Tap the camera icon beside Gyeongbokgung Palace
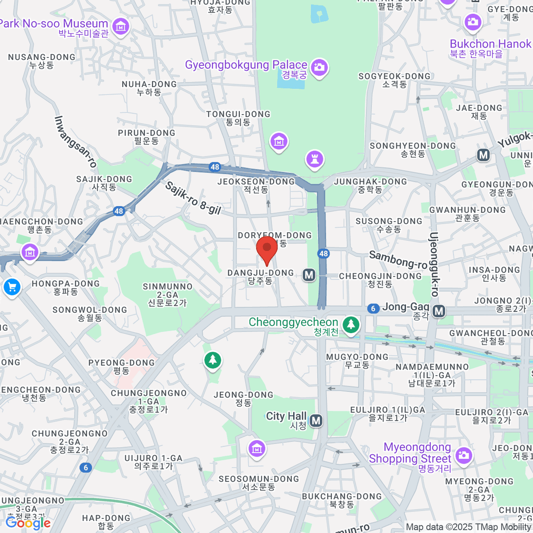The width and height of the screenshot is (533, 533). coord(319,68)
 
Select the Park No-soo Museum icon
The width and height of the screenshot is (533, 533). coord(120,26)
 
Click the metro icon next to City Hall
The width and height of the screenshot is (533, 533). coord(316,420)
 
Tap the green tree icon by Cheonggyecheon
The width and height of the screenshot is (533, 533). coord(351,324)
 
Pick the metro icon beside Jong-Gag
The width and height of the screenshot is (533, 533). coord(439,311)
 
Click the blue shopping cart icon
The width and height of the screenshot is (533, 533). coord(12,287)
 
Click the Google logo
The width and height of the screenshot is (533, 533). coord(28,523)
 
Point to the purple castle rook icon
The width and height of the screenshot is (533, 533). coord(314,159)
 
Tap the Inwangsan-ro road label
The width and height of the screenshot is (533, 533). coord(76,142)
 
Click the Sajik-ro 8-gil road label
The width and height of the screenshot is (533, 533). coord(193,198)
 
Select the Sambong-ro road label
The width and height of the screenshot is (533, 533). coord(398,260)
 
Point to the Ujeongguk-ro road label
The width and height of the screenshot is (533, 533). coord(434,264)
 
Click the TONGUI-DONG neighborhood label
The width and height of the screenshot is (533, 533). coord(238,118)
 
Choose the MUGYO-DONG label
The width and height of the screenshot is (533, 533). coord(357,360)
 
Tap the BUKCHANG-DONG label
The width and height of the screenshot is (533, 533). coord(342,500)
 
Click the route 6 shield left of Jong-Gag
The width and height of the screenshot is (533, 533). coord(373,308)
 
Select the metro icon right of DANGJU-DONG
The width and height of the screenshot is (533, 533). coord(309,275)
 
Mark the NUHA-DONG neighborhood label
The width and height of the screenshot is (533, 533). coord(149,88)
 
